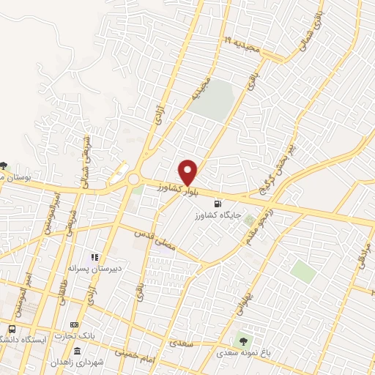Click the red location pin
click(189, 171)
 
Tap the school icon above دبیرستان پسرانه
click(94, 257)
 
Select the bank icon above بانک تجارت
click(73, 324)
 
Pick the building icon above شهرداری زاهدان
click(78, 351)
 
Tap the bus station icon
click(12, 328)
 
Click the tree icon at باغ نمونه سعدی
click(243, 341)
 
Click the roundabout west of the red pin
click(133, 179)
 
